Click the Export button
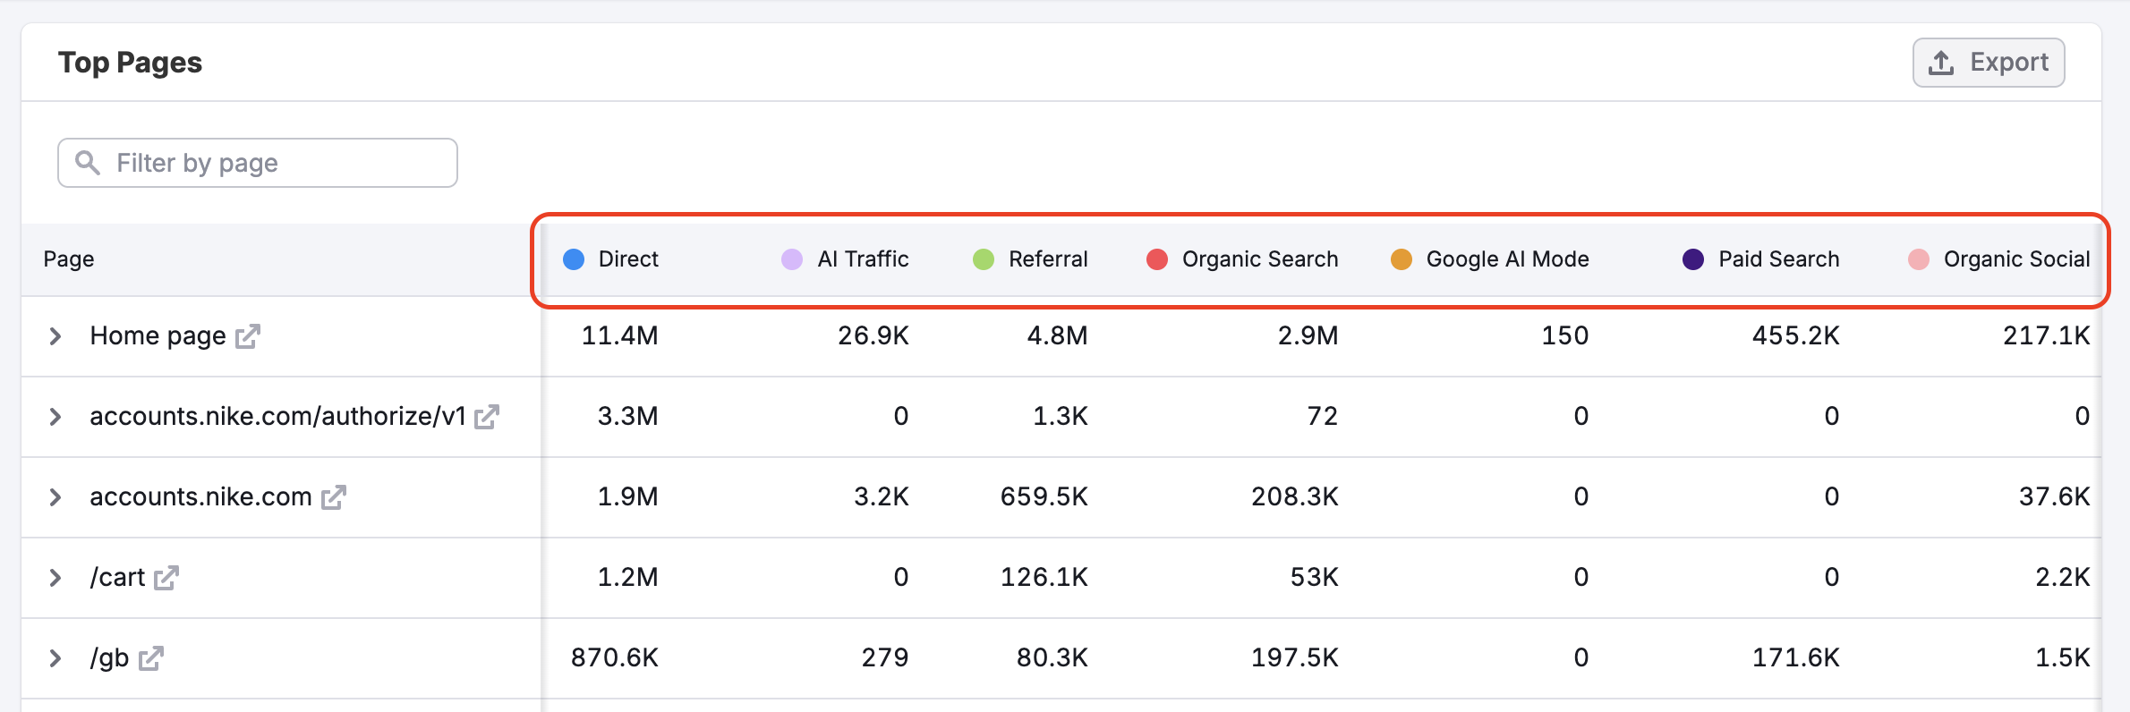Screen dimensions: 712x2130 [1988, 63]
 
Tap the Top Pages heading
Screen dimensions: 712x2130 [131, 63]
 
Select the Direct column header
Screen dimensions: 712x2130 [627, 259]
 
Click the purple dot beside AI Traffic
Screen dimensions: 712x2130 [792, 259]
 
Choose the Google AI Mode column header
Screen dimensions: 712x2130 [1507, 259]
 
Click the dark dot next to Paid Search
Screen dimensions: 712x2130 [1692, 259]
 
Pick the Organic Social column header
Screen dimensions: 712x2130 [2016, 259]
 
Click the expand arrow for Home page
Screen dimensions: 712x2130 [55, 336]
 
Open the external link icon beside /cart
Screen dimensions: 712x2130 [166, 578]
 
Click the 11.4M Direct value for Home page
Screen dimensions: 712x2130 [619, 336]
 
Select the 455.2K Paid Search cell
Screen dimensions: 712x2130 [1795, 336]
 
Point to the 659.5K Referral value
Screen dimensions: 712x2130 [1044, 497]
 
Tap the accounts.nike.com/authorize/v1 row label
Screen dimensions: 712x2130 [277, 417]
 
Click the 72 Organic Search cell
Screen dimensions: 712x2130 [1322, 417]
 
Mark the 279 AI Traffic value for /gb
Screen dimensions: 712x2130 [884, 658]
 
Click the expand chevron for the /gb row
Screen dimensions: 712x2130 [55, 658]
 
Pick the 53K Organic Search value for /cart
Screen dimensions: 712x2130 [1314, 578]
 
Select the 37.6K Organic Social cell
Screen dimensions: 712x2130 [2054, 497]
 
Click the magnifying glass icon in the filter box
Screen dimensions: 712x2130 [88, 162]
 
